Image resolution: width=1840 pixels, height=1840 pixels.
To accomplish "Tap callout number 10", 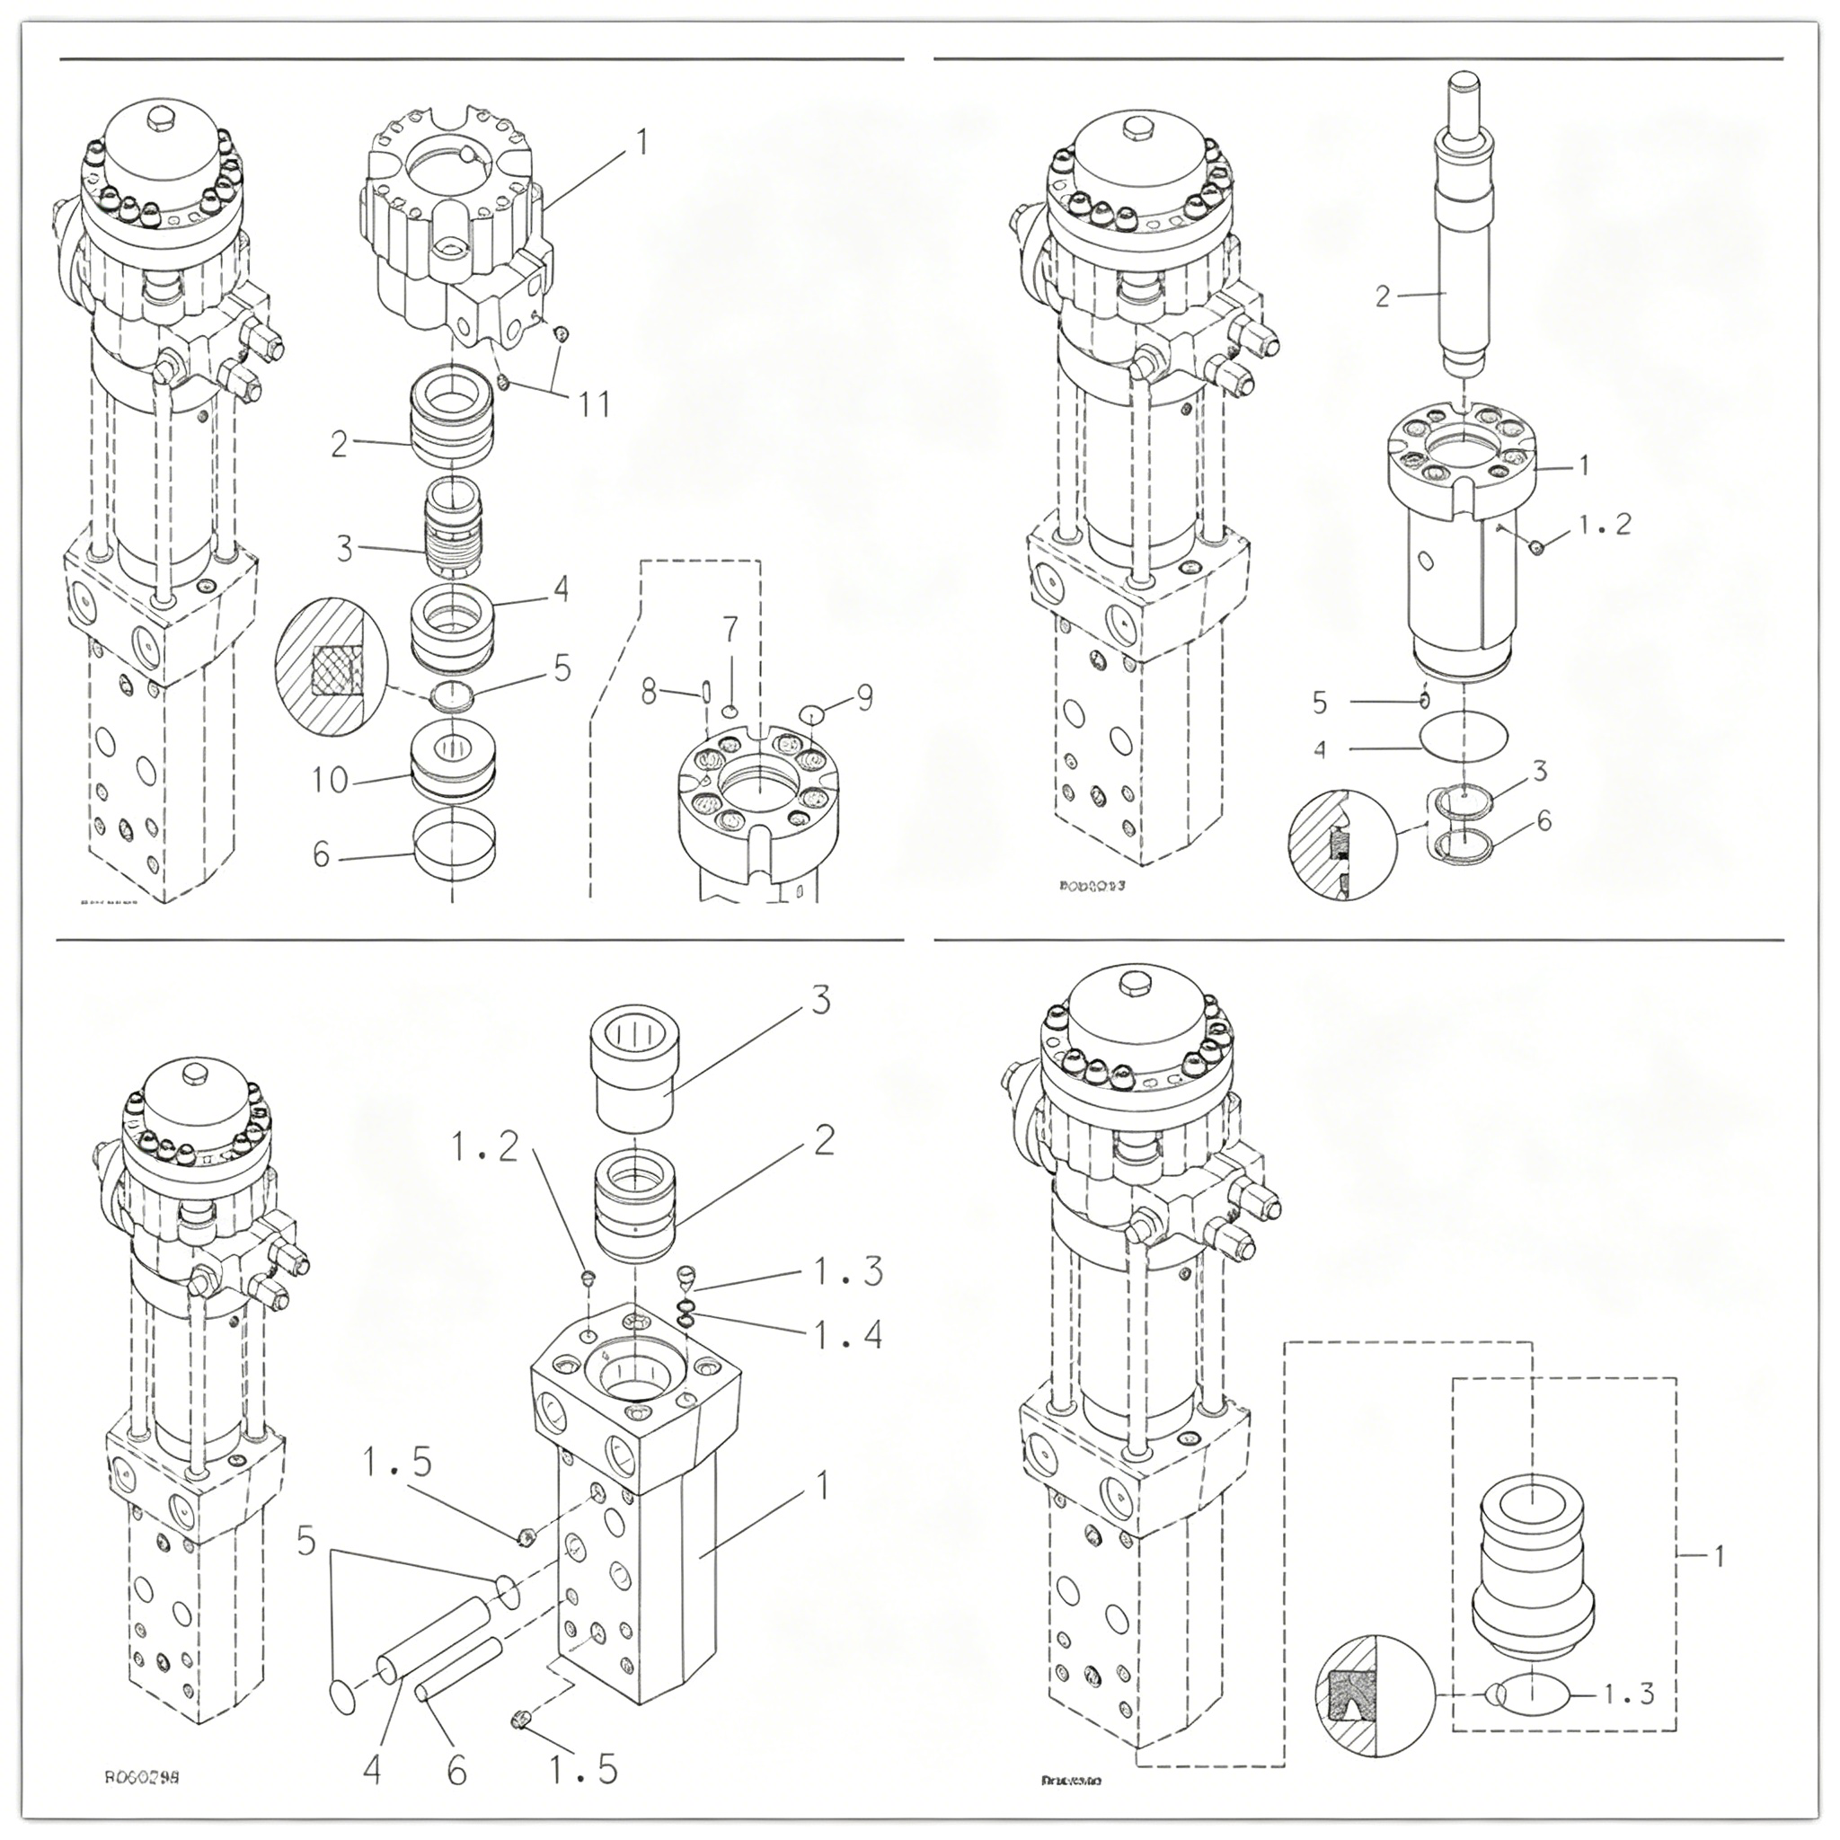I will [331, 780].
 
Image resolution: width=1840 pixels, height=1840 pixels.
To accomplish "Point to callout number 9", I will [863, 698].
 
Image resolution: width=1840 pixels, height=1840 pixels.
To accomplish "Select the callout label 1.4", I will [847, 1335].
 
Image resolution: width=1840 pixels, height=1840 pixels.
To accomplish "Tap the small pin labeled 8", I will [704, 691].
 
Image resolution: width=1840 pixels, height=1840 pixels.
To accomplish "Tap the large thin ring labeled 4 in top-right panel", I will [1464, 736].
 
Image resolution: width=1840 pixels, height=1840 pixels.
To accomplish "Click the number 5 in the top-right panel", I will [1319, 703].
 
